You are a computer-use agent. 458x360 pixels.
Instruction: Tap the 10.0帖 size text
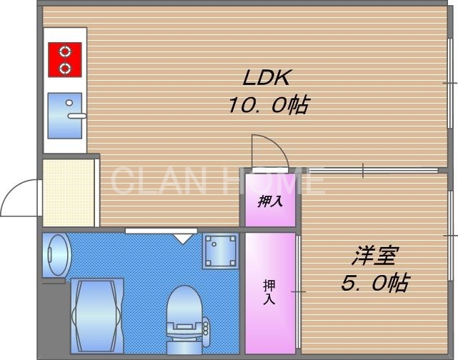[268, 106]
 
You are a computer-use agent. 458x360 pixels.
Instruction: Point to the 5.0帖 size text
[374, 283]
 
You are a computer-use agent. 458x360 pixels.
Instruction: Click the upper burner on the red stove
[65, 51]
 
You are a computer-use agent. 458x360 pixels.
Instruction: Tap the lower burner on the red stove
[65, 68]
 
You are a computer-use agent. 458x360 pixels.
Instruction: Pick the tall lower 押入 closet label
[269, 291]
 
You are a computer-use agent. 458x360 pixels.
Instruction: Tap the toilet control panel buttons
[207, 329]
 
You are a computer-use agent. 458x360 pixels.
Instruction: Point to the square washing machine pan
[220, 250]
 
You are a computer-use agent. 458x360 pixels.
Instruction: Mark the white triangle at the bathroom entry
[184, 237]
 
